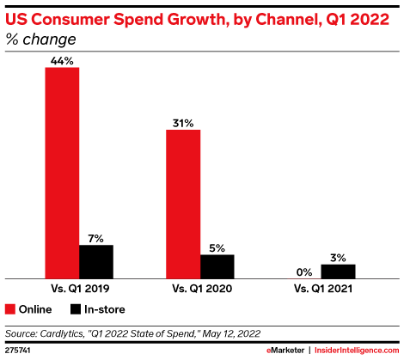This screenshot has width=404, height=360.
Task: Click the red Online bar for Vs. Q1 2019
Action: [62, 172]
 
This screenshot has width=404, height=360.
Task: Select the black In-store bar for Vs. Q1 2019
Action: [96, 261]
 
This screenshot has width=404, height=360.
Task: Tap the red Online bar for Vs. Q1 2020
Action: [183, 204]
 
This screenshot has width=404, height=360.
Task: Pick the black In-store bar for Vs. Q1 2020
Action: [217, 265]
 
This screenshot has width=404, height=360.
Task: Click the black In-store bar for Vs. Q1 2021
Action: [338, 271]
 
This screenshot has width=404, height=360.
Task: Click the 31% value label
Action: [183, 122]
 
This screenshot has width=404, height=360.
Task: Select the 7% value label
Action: [96, 237]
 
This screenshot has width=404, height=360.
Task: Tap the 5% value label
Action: [217, 247]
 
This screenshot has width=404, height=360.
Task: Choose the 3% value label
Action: [338, 257]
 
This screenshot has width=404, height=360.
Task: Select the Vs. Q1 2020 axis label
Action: [200, 288]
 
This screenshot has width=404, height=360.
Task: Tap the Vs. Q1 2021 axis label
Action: [321, 288]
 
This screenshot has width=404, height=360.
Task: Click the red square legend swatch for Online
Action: [10, 309]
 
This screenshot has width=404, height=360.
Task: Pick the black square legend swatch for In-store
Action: [75, 309]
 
